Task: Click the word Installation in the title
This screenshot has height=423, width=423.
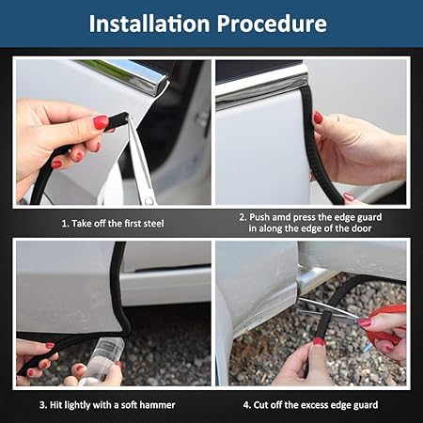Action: pos(149,23)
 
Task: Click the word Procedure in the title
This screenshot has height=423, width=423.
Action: pos(272,23)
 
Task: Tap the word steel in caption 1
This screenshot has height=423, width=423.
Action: pos(153,224)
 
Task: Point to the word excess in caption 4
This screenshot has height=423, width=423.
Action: pos(314,405)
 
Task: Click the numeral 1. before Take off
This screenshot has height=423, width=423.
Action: pos(65,224)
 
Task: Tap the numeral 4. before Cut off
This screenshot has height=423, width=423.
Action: pos(247,405)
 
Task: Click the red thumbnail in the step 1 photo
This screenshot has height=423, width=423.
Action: pos(101,122)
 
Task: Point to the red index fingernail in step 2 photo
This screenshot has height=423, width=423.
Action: pos(318,117)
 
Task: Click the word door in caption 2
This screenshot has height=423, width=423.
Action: pos(361,228)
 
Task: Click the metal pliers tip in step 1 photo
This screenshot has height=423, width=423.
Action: pos(131,119)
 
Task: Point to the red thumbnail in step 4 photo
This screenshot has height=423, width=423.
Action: pos(319,341)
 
